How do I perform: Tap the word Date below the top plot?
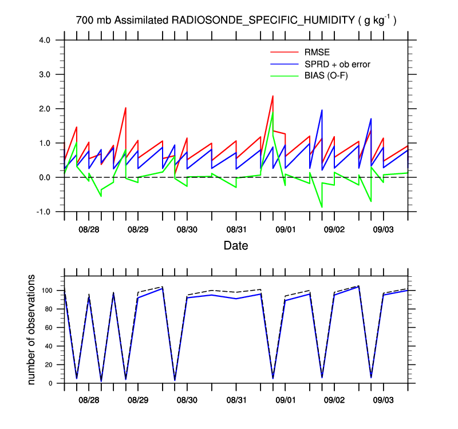(236, 247)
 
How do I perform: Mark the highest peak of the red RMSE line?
(273, 96)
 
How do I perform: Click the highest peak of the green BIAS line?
(273, 112)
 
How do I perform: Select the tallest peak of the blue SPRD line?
(322, 110)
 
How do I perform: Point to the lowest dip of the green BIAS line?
(322, 206)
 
